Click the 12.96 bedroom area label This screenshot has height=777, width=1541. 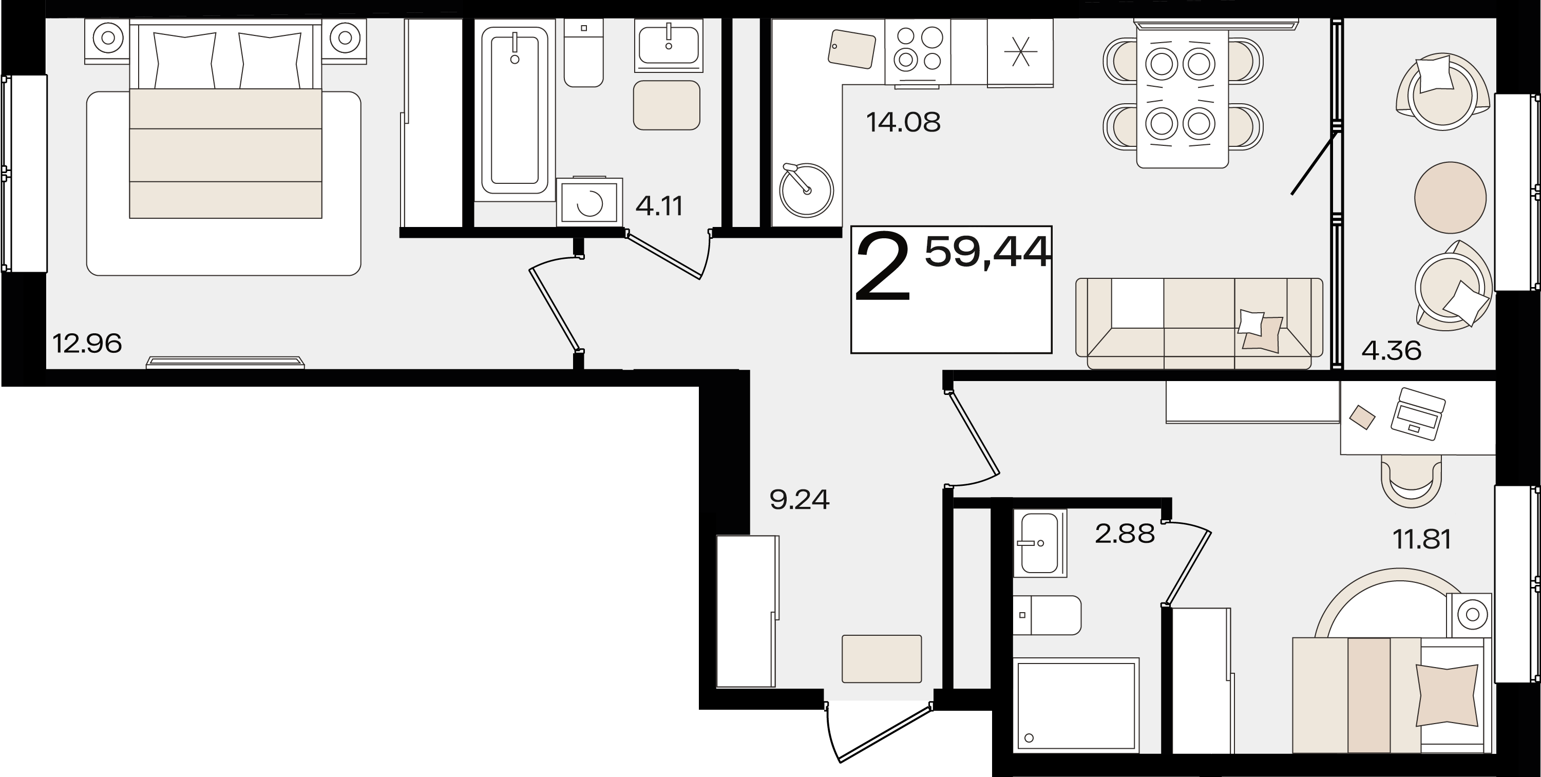point(87,344)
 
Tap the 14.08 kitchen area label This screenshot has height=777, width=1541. point(903,122)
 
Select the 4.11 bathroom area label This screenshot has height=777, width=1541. point(659,206)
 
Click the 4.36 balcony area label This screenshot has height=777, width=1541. point(1392,351)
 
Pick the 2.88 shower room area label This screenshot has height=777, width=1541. point(1125,534)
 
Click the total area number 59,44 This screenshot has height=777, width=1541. point(987,252)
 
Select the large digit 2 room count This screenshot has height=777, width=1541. point(883,268)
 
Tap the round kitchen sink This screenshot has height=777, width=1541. point(806,190)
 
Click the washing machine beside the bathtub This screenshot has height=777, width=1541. point(589,202)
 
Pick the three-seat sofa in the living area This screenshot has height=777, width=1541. point(1199,323)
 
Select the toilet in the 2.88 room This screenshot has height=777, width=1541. point(1048,615)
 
